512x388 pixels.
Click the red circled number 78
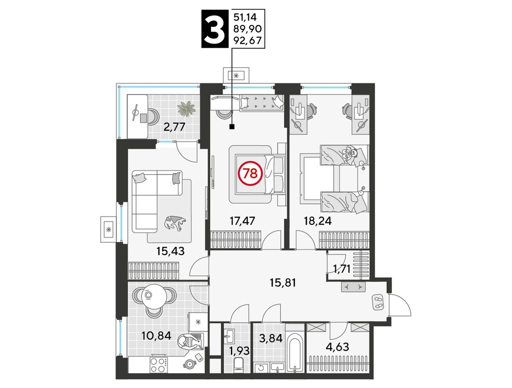pyautogui.click(x=250, y=173)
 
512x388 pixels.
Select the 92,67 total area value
pyautogui.click(x=248, y=41)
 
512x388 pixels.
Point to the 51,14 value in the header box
pyautogui.click(x=245, y=17)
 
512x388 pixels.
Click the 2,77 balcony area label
pyautogui.click(x=174, y=127)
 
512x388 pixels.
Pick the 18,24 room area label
pyautogui.click(x=317, y=221)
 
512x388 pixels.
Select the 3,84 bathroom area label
pyautogui.click(x=271, y=338)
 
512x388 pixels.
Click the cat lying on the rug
pyautogui.click(x=175, y=223)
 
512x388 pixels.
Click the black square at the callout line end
pyautogui.click(x=232, y=126)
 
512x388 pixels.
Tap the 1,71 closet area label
pyautogui.click(x=342, y=269)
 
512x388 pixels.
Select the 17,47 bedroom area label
pyautogui.click(x=242, y=221)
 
